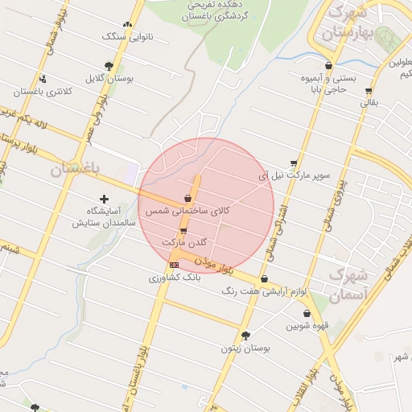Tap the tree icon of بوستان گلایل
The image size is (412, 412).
pyautogui.click(x=109, y=66)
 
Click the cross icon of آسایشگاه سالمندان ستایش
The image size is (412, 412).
pyautogui.click(x=104, y=199)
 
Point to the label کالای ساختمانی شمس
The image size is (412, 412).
pyautogui.click(x=187, y=210)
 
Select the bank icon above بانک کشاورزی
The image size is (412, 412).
pyautogui.click(x=174, y=265)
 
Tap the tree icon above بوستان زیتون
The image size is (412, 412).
pyautogui.click(x=245, y=336)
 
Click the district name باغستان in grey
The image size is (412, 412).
pyautogui.click(x=74, y=169)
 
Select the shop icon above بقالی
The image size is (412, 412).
pyautogui.click(x=371, y=90)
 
